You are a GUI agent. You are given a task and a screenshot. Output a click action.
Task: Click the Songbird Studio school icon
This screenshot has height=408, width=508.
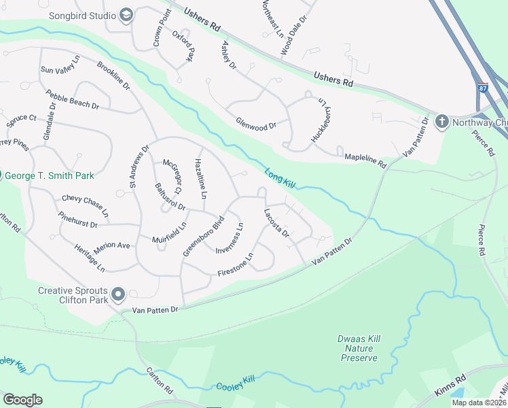126,15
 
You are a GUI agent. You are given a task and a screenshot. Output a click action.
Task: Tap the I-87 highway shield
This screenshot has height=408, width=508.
483,88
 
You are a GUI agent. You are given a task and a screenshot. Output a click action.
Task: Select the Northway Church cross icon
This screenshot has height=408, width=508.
441,122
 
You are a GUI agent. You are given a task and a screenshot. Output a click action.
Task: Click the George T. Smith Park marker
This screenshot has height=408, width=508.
2,175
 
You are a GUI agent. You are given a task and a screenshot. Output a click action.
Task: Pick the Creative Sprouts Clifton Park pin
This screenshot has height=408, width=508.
118,294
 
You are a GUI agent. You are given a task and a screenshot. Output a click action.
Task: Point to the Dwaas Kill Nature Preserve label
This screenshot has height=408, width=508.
359,347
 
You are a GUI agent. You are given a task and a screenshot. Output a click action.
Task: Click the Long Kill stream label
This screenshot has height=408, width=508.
281,179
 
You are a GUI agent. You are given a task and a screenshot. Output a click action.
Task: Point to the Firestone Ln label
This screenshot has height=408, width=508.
235,265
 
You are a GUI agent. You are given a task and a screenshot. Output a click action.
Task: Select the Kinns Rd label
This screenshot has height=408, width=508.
450,387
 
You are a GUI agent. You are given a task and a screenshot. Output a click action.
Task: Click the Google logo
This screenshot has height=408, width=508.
22,400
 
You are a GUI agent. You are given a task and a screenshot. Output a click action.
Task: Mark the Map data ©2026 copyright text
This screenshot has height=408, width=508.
478,403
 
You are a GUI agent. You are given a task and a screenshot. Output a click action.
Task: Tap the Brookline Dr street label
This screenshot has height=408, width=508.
113,78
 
